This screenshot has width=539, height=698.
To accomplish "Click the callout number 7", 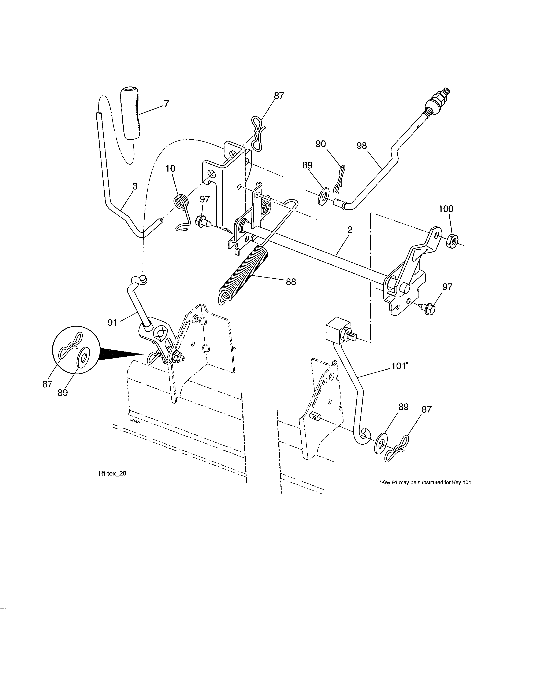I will pyautogui.click(x=166, y=104).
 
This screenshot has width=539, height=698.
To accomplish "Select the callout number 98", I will pyautogui.click(x=362, y=146).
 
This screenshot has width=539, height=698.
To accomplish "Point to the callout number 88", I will pyautogui.click(x=291, y=282).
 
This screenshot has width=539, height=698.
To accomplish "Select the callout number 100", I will pyautogui.click(x=446, y=209).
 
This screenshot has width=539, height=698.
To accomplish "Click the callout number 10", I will pyautogui.click(x=170, y=168).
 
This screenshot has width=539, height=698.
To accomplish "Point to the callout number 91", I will pyautogui.click(x=112, y=323).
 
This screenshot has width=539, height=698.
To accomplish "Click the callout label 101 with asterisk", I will pyautogui.click(x=399, y=366).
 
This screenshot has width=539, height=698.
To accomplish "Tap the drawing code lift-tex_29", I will pyautogui.click(x=113, y=474).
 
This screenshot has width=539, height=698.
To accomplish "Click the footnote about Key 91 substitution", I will pyautogui.click(x=425, y=483).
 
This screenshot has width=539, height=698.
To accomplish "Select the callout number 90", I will pyautogui.click(x=321, y=144).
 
